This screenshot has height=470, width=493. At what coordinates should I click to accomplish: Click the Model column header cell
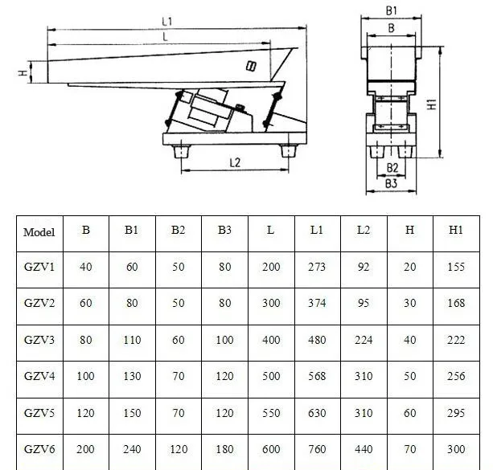pos(39,233)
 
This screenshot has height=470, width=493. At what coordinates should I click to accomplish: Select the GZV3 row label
pos(39,340)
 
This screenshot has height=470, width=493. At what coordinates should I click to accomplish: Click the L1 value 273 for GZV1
pos(317,268)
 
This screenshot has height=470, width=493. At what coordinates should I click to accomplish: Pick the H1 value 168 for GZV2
pos(456,304)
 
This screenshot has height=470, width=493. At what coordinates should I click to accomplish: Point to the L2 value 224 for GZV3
pos(364,340)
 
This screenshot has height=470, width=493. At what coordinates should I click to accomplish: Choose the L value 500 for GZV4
pos(271,376)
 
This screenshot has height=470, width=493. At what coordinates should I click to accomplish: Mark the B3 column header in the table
pos(224,230)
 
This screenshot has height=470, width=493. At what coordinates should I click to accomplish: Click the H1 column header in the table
pos(456,230)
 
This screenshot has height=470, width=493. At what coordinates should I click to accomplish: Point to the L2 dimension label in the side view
pos(235,162)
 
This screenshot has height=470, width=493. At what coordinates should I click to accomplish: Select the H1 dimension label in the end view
pos(454,104)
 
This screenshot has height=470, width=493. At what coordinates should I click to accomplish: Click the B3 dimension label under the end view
pos(392,183)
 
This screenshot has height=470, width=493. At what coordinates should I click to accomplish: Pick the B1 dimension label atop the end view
pos(392,11)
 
